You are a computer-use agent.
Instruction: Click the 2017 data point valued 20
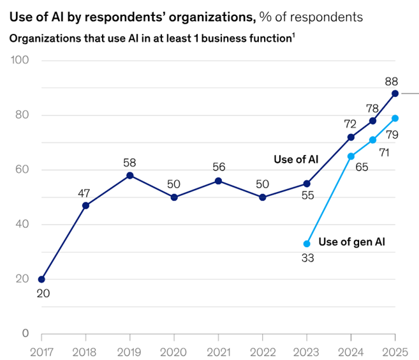pos(41,279)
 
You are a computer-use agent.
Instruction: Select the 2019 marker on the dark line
pos(129,175)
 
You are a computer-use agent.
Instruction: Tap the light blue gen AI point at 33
pos(307,243)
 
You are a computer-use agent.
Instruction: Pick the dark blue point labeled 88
pos(395,93)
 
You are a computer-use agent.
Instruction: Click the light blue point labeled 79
pos(395,118)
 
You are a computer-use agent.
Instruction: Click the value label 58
pos(129,161)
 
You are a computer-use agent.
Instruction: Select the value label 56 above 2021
pos(218,167)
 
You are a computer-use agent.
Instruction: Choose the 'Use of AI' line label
pos(295,159)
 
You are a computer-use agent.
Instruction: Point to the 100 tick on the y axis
pos(21,61)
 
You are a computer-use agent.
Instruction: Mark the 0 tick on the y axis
pos(26,333)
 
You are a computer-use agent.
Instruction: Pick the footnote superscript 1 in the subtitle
pos(293,35)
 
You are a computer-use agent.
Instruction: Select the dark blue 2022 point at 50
pos(262,197)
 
